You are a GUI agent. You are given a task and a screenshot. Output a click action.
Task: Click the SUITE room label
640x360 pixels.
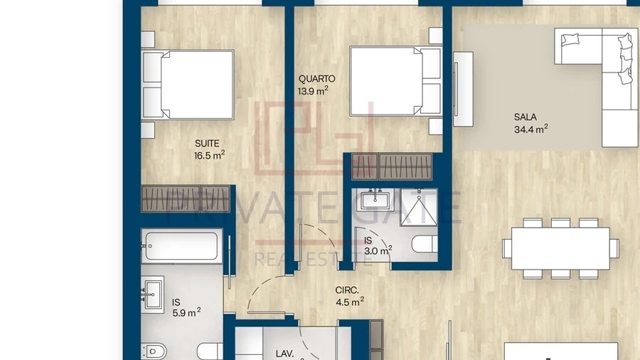click(x=207, y=144)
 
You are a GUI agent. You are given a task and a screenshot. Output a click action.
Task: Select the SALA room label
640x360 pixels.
click(x=526, y=117)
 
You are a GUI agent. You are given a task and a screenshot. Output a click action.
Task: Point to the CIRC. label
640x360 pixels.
click(x=347, y=290)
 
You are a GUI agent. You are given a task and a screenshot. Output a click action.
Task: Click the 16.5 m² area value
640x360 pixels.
click(x=209, y=155)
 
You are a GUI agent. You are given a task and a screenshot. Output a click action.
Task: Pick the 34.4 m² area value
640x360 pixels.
click(x=530, y=129)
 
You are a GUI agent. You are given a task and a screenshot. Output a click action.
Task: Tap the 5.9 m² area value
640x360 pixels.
click(x=186, y=312)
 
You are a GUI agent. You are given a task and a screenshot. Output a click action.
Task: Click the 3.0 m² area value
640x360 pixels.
click(x=378, y=250)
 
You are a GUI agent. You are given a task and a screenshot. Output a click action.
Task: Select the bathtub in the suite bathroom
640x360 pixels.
click(x=182, y=245)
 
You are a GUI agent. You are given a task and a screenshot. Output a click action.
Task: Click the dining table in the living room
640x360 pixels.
click(x=560, y=248)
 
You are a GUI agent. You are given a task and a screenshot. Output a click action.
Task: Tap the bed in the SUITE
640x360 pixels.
click(x=188, y=85)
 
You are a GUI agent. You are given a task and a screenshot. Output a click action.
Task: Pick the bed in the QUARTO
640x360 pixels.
click(x=395, y=81)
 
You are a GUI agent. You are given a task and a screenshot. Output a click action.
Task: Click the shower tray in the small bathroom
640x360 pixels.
click(x=419, y=207)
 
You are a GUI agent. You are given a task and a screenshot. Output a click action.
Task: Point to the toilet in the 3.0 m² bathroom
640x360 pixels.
click(x=425, y=244)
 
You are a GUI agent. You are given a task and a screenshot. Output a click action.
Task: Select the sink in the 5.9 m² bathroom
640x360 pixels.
click(x=153, y=295)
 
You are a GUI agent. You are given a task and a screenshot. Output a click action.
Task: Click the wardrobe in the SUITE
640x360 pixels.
click(x=186, y=198)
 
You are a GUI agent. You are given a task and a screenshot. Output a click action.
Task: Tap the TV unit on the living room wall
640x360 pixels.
click(x=463, y=89)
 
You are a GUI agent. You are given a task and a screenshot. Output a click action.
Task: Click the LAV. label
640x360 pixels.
click(x=284, y=354)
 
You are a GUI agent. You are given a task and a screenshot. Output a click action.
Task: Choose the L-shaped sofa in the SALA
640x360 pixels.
click(x=597, y=88)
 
